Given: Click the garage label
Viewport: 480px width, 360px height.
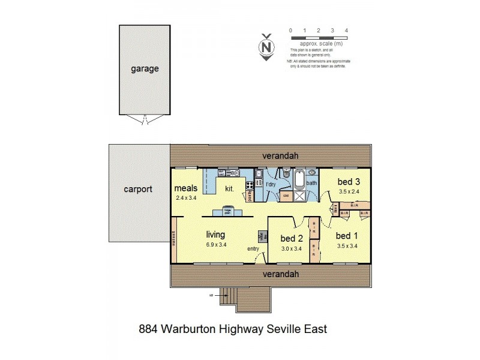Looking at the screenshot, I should coord(145,68).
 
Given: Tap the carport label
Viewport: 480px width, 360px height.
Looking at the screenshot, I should coord(138,188).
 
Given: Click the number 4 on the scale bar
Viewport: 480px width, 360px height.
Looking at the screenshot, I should coord(346,29).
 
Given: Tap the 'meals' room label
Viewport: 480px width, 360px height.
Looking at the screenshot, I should coord(187,188).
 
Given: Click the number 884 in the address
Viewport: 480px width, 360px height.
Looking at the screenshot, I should coord(151,329).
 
